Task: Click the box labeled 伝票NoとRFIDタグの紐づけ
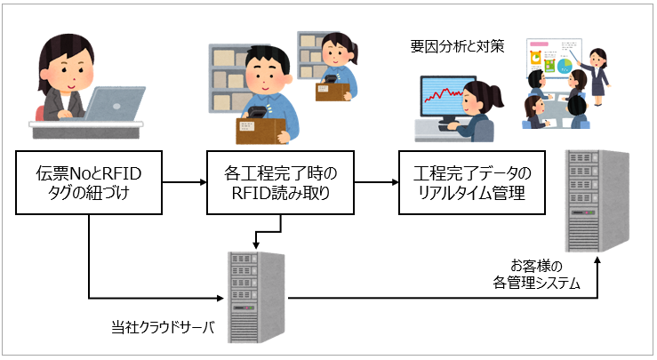tap(89, 182)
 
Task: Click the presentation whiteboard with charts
tap(553, 62)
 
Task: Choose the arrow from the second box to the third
tap(373, 183)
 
